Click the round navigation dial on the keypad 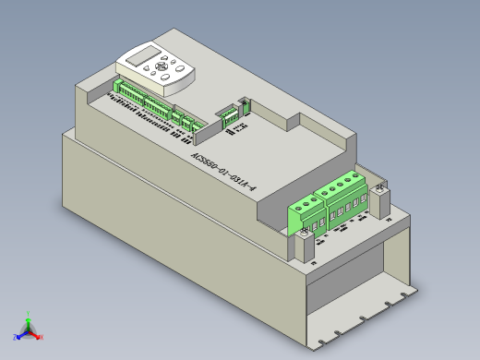[x=164, y=66]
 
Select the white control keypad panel [x=155, y=70]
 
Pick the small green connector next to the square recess [x=228, y=115]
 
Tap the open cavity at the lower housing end [x=355, y=286]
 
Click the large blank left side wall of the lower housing [x=166, y=231]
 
